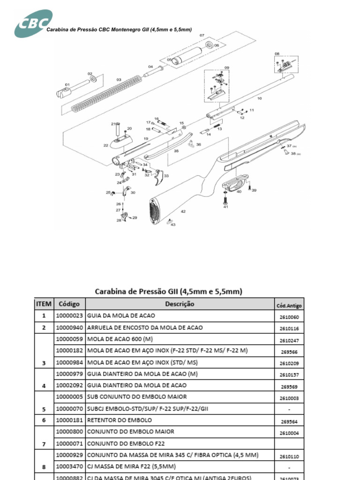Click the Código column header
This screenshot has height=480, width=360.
click(69, 304)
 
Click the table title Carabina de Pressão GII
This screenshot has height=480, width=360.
click(169, 291)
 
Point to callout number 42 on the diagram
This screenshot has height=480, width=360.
click(183, 211)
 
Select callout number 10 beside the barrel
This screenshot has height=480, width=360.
click(259, 98)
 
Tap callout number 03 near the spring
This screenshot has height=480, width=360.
click(119, 80)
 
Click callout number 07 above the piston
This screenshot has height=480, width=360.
click(202, 36)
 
